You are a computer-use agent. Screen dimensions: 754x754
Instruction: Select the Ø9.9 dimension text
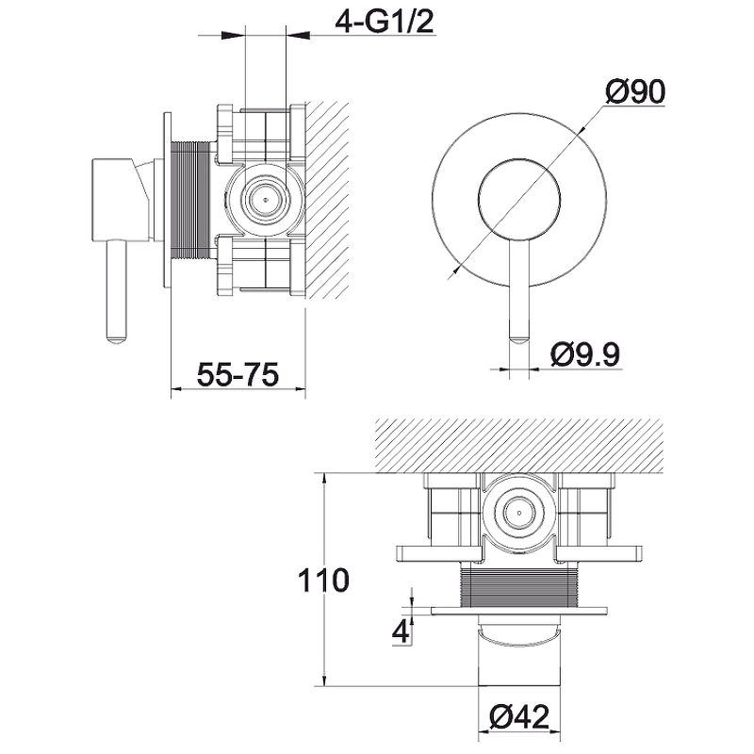585,354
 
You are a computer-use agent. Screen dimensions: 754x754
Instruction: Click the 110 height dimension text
323,580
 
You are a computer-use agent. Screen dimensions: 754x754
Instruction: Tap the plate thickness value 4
401,631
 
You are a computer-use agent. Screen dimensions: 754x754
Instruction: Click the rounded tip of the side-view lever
116,339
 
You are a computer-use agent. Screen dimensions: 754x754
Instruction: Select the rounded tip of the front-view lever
519,339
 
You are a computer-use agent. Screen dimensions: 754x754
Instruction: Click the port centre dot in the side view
263,199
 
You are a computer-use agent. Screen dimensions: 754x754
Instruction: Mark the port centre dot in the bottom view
519,512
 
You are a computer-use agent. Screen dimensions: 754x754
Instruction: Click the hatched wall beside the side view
327,200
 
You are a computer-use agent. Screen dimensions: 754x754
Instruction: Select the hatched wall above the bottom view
519,446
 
